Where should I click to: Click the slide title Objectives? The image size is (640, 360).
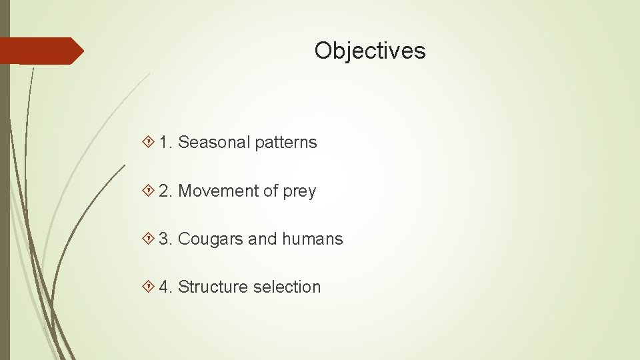pos(370,51)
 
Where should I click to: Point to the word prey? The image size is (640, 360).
pos(299,192)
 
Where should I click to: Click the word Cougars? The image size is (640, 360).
pos(211,239)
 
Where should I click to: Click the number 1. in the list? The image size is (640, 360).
pos(166,142)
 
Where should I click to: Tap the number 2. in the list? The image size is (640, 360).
pos(166,191)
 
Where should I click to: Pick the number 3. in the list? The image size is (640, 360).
pos(166,239)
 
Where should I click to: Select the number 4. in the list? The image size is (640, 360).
pos(166,287)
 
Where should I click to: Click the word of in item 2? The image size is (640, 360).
pos(270,191)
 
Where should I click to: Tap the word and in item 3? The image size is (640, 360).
pos(261,239)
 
